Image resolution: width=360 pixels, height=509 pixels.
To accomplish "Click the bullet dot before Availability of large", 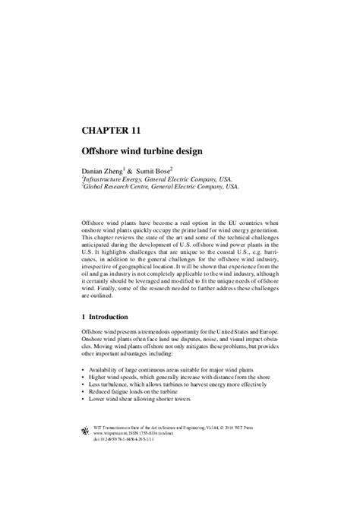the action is point(82,368).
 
